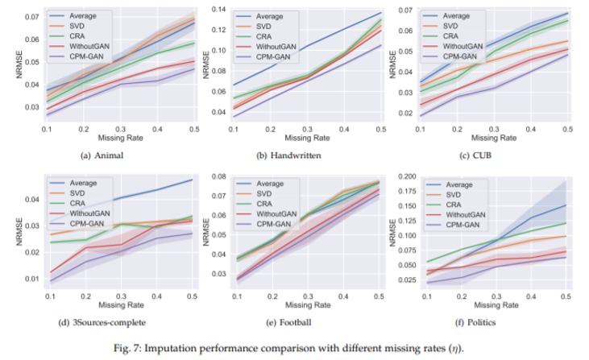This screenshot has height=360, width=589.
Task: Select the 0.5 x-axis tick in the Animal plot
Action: (193, 129)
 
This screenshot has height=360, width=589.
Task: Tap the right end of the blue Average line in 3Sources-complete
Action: (192, 180)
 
